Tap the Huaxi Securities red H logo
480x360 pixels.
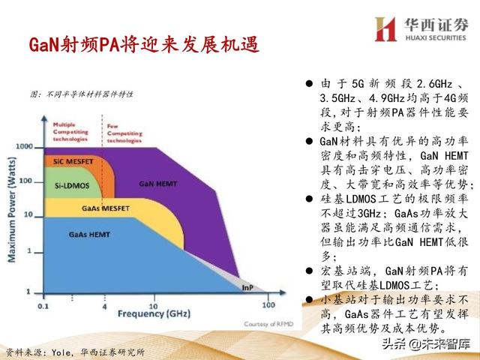385,28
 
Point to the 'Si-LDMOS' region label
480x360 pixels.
67,183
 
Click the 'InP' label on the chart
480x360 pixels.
247,287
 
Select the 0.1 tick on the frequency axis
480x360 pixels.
43,307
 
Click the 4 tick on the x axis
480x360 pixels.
104,307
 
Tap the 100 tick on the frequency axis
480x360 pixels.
267,307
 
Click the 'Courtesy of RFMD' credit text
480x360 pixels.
259,324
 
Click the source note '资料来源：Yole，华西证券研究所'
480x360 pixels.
74,351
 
